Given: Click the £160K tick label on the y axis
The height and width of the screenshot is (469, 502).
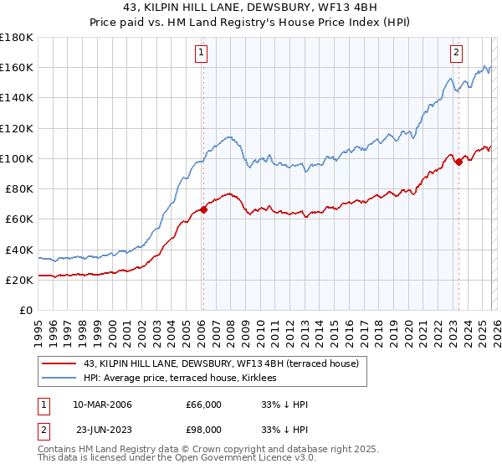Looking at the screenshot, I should coord(17,67).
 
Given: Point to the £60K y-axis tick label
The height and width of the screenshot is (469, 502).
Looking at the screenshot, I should coord(19,219).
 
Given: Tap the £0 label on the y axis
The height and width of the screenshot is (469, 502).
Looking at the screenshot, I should coord(27,311).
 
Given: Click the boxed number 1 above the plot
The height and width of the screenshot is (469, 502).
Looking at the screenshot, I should coord(202,53).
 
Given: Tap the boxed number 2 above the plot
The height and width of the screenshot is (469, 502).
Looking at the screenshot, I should coord(457,53).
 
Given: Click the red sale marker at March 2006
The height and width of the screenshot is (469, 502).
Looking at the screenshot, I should coord(203,210).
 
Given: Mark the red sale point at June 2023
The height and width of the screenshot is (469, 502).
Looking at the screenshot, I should coord(458,162).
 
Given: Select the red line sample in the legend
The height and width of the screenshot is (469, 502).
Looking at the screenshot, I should coord(59,363).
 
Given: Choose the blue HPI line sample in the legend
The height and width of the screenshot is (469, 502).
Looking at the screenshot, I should coord(59,378).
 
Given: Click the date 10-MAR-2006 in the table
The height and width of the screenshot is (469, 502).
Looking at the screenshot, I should coord(102,405).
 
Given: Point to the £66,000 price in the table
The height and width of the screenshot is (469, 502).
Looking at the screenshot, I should coord(203,405).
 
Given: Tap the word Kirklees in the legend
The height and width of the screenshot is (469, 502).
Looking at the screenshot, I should coord(341,378).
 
